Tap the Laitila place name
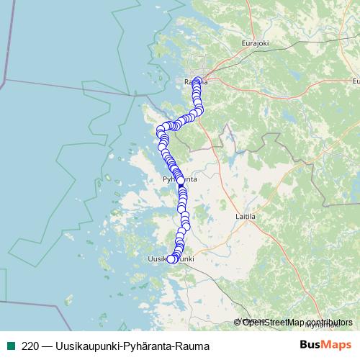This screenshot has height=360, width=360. click(x=246, y=215)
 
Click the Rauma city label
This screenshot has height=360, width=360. click(x=196, y=82)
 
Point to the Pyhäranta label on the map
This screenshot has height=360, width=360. click(x=180, y=178)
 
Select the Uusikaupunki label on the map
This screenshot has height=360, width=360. click(x=171, y=258)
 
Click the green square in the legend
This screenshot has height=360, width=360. click(x=11, y=345)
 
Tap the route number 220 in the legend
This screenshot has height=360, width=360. click(x=31, y=345)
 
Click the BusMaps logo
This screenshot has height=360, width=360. click(x=325, y=345)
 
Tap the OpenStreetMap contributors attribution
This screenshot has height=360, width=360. click(x=293, y=323)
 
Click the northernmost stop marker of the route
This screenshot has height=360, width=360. click(x=197, y=80)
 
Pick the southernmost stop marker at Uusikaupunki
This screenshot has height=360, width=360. click(x=171, y=259)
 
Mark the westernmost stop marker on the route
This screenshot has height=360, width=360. click(x=161, y=131)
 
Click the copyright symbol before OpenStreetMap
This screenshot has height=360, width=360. click(x=238, y=323)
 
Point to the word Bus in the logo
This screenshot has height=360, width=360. click(x=312, y=345)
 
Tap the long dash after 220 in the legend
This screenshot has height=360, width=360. click(x=48, y=345)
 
